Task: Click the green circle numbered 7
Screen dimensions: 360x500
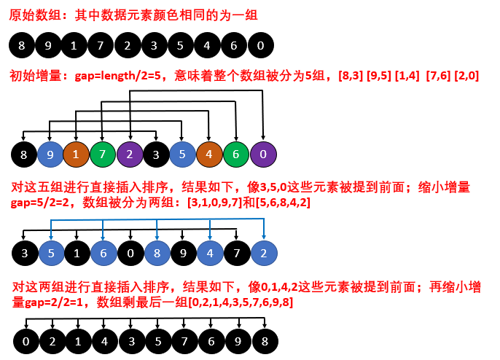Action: (x=103, y=154)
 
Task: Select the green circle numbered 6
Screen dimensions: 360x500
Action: (x=235, y=154)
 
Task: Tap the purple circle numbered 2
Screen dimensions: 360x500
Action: (x=130, y=154)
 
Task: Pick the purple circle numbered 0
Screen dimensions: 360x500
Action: (x=262, y=154)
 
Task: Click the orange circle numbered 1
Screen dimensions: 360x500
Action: (x=76, y=154)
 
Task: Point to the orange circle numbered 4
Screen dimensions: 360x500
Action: (x=209, y=154)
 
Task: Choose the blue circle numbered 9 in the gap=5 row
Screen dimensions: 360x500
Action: (x=50, y=154)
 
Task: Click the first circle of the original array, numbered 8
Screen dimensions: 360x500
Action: (x=22, y=46)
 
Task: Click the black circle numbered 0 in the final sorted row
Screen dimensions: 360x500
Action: (x=26, y=340)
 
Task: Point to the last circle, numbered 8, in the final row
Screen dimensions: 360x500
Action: (x=265, y=340)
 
